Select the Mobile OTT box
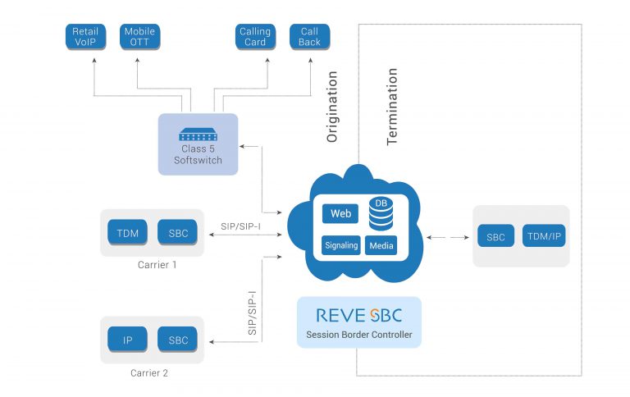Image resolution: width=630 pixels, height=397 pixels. [x=139, y=37]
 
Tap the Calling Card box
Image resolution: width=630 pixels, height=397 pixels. [x=255, y=37]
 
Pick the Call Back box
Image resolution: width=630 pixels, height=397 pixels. [x=309, y=37]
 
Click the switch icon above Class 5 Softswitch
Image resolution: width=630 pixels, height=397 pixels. [x=198, y=134]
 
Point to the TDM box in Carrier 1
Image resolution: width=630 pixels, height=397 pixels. [x=127, y=233]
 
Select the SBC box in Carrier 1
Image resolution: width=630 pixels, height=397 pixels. [x=178, y=233]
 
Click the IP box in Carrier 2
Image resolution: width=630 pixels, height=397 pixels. [x=127, y=340]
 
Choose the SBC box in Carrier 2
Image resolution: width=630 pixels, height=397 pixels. [x=178, y=340]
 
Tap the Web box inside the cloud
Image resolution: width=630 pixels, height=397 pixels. [x=340, y=214]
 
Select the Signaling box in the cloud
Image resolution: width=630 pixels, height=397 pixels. [x=340, y=245]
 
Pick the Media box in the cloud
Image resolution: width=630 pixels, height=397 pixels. [x=381, y=245]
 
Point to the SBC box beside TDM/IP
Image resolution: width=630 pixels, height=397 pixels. [x=495, y=236]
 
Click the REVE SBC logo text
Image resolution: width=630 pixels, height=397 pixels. [x=358, y=316]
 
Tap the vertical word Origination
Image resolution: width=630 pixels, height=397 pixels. [x=332, y=107]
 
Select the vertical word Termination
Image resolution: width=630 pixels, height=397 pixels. [x=392, y=107]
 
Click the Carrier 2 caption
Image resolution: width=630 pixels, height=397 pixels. [x=149, y=373]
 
